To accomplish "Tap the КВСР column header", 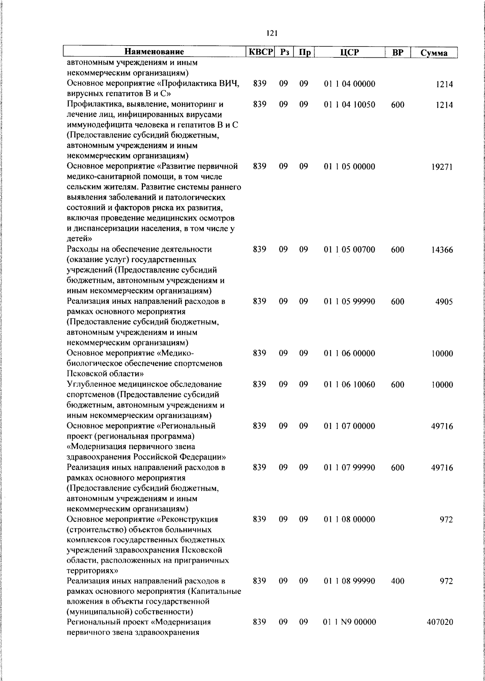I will pyautogui.click(x=261, y=52).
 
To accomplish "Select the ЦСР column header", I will pyautogui.click(x=350, y=52).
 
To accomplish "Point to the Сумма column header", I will pyautogui.click(x=434, y=53).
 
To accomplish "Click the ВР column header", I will pyautogui.click(x=398, y=52).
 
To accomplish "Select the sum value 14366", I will pyautogui.click(x=441, y=250).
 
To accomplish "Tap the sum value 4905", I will pyautogui.click(x=444, y=302).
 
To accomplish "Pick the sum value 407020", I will pyautogui.click(x=440, y=633).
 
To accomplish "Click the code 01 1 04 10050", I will pyautogui.click(x=350, y=105).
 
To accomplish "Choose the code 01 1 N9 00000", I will pyautogui.click(x=350, y=633).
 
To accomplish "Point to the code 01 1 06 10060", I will pyautogui.click(x=350, y=385).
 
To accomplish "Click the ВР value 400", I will pyautogui.click(x=398, y=581).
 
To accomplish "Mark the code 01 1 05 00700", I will pyautogui.click(x=350, y=250).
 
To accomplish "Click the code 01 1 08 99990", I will pyautogui.click(x=350, y=581).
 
